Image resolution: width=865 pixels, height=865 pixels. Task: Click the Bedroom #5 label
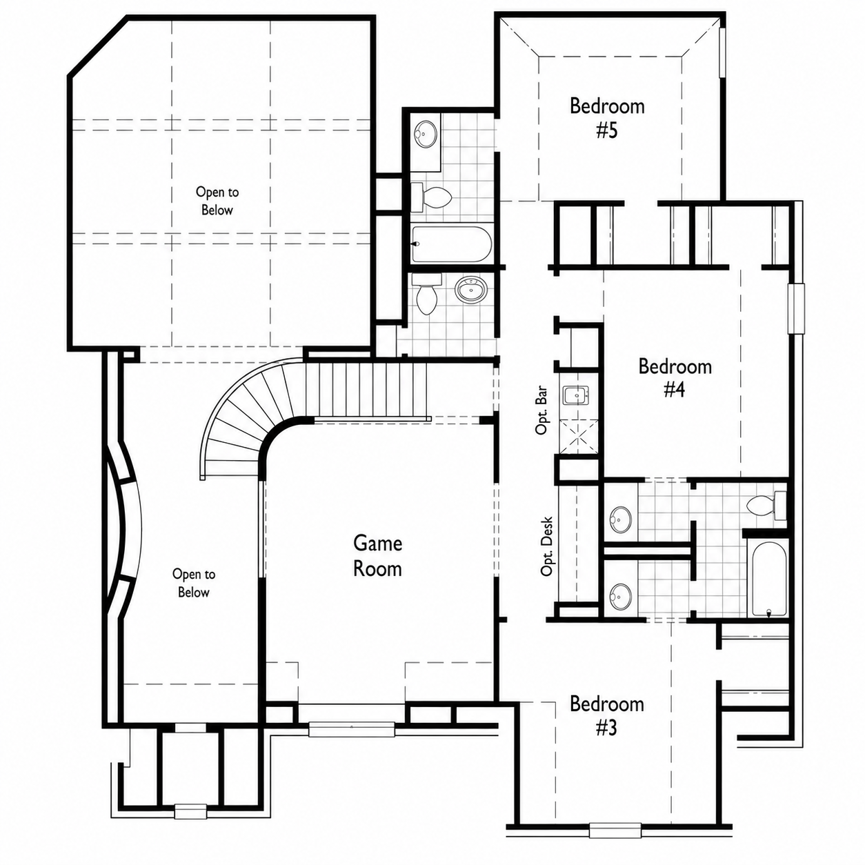coord(607,118)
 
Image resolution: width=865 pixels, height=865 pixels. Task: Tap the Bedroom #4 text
coord(675,378)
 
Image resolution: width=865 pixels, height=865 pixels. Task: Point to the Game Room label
coord(377,556)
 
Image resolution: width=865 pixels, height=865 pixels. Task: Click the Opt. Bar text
coord(541,410)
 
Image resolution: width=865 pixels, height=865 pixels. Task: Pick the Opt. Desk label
coord(547,546)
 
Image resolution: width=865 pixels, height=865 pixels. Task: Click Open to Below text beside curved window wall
coord(194,583)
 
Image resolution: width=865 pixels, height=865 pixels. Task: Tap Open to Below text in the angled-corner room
coord(217,201)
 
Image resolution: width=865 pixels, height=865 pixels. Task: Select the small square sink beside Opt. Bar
coord(575,396)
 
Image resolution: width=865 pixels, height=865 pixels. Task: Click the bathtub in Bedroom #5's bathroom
coord(451,243)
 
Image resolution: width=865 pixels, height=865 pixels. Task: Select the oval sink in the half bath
coord(470,290)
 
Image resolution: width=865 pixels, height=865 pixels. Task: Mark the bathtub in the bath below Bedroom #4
coord(769,578)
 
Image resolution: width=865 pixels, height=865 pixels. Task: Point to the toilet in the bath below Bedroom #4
coord(766,506)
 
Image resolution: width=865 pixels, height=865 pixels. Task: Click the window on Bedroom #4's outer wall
coord(797,308)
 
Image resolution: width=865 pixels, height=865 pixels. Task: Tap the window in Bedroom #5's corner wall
coord(722,53)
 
